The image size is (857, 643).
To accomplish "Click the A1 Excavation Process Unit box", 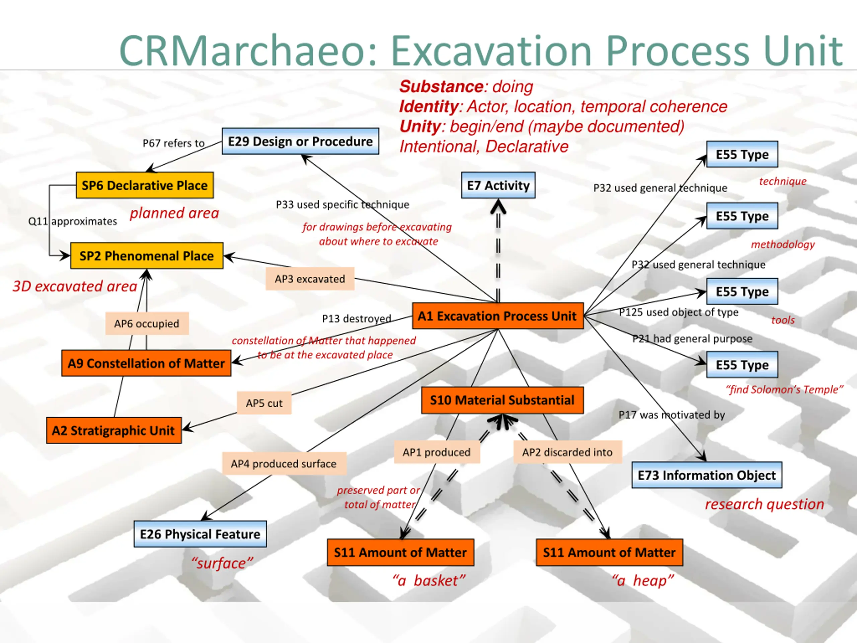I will [x=498, y=316].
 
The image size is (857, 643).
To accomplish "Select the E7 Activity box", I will [x=498, y=185].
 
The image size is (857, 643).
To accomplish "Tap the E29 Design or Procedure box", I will [x=300, y=141].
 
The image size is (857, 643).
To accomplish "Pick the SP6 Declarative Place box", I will [x=145, y=185].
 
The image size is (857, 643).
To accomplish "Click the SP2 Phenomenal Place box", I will [x=146, y=256].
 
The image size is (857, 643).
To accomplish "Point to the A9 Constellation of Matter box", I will [x=146, y=363].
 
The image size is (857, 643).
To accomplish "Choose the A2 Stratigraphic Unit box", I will [x=113, y=430].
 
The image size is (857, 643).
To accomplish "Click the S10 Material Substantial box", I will [x=502, y=400].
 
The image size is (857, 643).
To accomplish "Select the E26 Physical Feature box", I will [x=200, y=534].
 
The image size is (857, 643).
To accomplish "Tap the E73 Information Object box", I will [x=707, y=475].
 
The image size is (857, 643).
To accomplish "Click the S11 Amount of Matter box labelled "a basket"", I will [x=400, y=552].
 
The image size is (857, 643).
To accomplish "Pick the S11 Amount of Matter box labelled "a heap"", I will [x=609, y=552].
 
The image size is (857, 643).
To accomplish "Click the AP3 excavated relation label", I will [x=310, y=279].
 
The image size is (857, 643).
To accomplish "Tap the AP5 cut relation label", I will [x=264, y=403].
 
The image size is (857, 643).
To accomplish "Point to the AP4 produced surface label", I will [x=284, y=463].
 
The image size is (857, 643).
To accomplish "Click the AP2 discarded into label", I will [x=567, y=452].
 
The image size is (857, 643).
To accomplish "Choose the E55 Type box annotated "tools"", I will [x=742, y=291].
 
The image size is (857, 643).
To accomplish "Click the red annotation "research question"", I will [x=764, y=504].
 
